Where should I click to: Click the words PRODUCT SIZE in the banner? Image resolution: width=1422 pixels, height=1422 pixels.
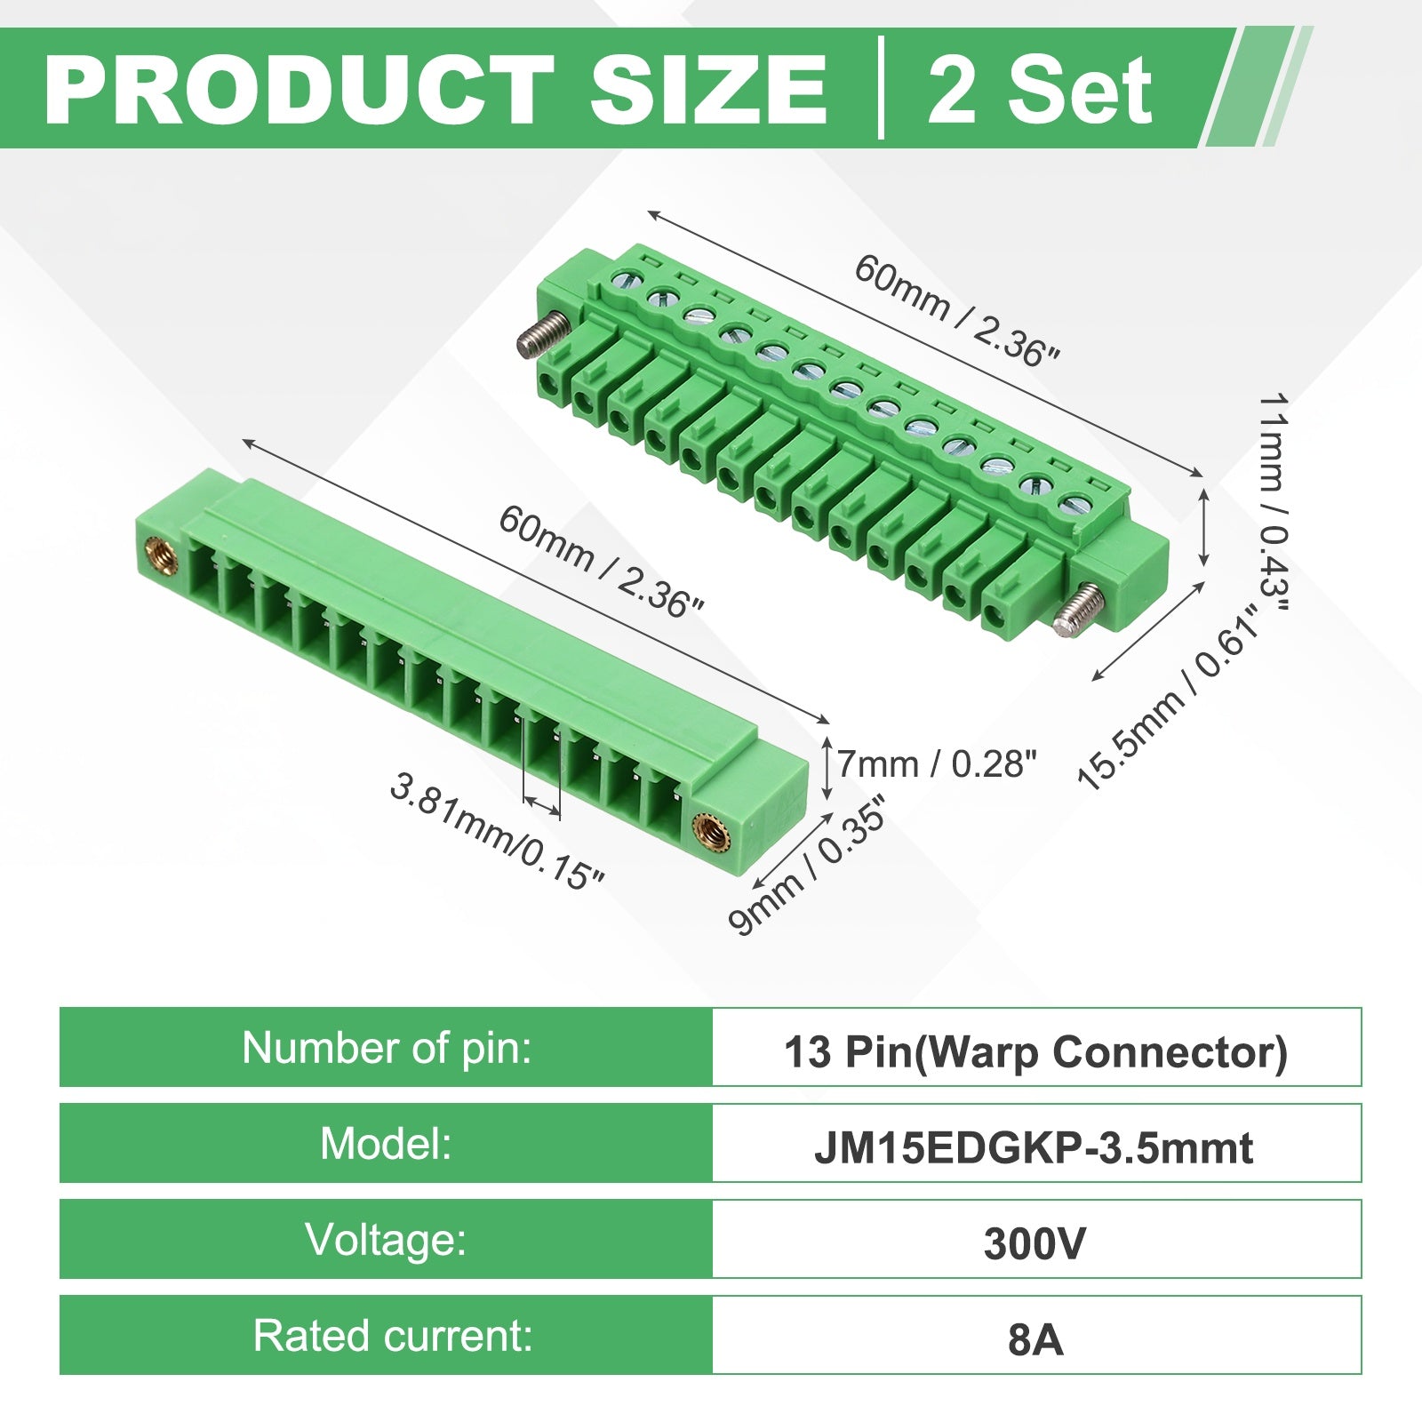435,90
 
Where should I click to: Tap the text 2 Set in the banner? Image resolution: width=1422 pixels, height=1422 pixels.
1040,90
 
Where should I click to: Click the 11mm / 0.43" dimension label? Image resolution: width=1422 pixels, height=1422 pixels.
1273,502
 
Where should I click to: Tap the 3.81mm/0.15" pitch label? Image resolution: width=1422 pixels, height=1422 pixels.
498,831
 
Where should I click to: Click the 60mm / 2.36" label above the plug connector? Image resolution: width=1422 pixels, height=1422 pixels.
957,311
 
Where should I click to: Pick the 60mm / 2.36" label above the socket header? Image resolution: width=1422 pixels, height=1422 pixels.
601,562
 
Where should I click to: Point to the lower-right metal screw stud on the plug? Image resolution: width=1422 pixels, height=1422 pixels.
1077,612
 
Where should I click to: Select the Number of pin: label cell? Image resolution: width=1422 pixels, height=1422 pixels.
387,1047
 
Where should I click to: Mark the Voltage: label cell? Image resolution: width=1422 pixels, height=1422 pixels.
387,1239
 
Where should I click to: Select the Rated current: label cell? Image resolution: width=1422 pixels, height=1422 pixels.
387,1335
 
